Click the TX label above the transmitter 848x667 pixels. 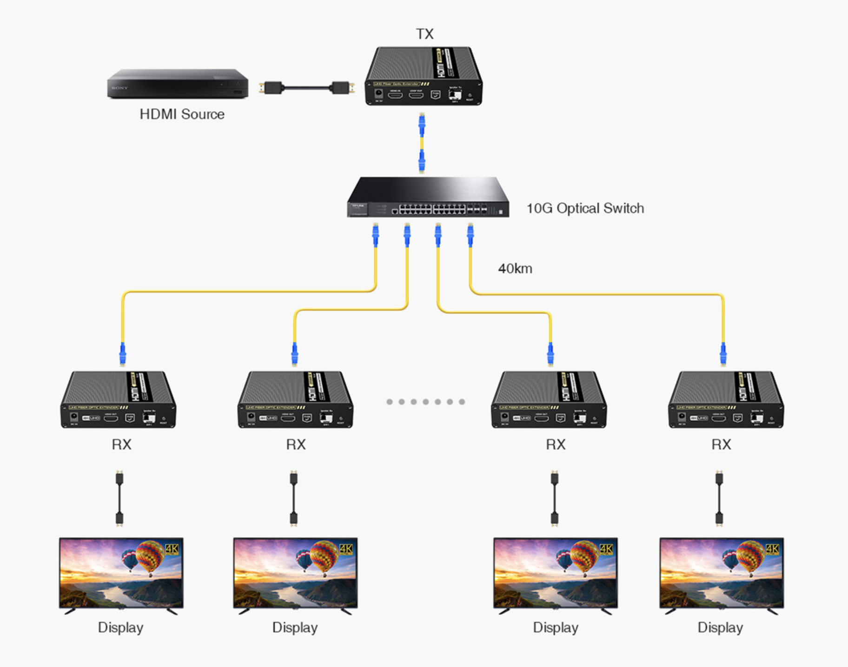point(424,34)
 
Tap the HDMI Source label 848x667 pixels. point(182,114)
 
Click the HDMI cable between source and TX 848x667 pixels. point(307,87)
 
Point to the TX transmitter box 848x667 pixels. point(424,76)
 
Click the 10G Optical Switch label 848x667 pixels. point(585,208)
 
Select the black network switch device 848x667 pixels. point(428,197)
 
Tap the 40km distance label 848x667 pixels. point(515,268)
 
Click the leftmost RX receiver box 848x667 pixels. point(119,399)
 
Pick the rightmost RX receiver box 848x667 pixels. point(726,399)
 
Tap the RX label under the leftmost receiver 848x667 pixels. point(121,445)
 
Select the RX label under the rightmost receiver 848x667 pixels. point(721,445)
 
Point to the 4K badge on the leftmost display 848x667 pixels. point(172,549)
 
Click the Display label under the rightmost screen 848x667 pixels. point(720,628)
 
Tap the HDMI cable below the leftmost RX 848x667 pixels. point(119,498)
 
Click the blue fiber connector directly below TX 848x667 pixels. point(422,124)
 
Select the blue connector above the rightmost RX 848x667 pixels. point(723,354)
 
